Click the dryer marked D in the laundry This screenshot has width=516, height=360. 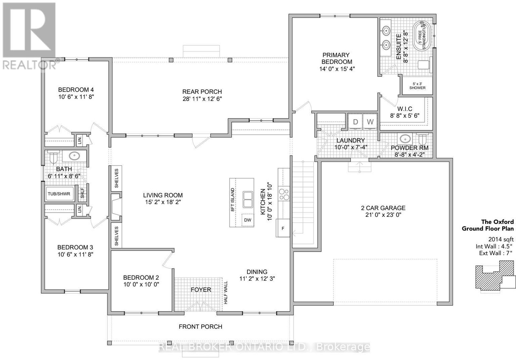[x=355, y=122]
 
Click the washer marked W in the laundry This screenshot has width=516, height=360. [x=370, y=122]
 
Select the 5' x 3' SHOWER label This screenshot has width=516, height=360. [x=417, y=86]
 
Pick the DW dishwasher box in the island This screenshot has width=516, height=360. [x=248, y=220]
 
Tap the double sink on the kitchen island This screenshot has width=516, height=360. [x=248, y=200]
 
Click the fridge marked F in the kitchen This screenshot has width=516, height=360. [x=283, y=228]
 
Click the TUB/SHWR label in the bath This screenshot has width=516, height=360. [x=59, y=194]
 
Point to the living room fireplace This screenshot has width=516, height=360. [x=116, y=207]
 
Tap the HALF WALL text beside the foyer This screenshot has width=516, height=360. [x=225, y=293]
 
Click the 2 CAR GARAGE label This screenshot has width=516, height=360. [x=383, y=208]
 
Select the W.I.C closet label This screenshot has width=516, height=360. [x=405, y=109]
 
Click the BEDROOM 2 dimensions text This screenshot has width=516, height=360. [x=141, y=285]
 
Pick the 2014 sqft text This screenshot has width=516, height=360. [x=501, y=239]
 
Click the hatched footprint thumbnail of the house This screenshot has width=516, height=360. [x=495, y=277]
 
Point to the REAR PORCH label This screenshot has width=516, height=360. [x=202, y=92]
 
